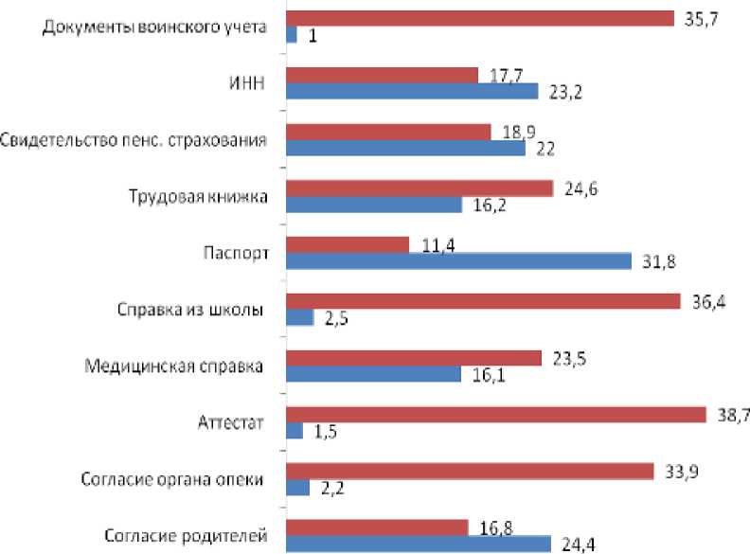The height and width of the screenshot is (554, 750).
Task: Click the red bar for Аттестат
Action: [495, 415]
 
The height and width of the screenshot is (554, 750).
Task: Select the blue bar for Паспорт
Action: [458, 261]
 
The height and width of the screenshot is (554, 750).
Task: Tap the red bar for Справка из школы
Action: [483, 301]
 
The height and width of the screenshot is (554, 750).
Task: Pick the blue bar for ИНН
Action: [412, 92]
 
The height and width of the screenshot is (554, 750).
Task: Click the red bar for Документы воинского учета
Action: [479, 18]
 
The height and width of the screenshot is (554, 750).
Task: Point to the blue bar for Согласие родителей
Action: [418, 544]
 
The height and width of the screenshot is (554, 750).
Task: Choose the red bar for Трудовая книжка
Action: [419, 188]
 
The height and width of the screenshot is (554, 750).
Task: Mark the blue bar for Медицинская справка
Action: [375, 374]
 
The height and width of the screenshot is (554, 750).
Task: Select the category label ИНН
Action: [240, 84]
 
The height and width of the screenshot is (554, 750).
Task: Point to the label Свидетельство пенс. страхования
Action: [133, 140]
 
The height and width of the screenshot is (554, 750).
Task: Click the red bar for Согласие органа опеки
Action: [469, 471]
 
